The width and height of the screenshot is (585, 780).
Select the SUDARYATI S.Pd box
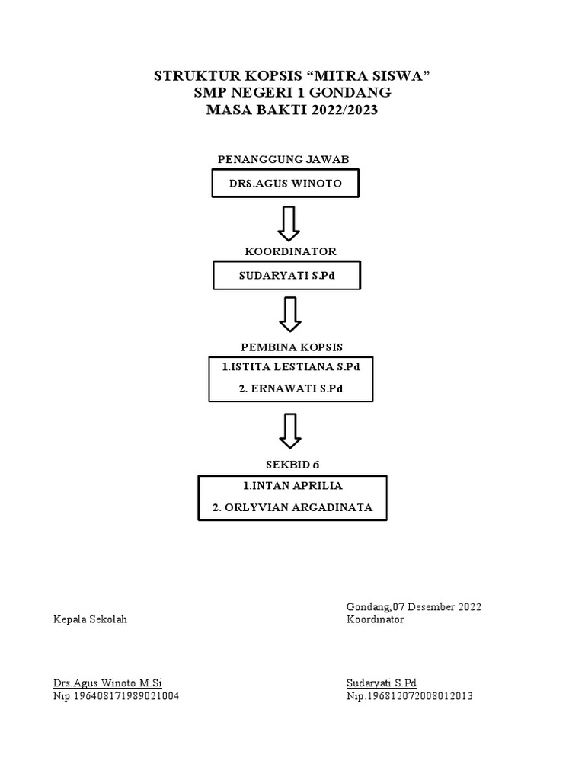(x=287, y=275)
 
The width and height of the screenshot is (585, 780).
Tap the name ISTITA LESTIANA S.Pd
(x=290, y=367)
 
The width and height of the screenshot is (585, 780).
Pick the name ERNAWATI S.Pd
(x=290, y=389)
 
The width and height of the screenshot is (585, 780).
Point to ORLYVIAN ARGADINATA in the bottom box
(x=293, y=507)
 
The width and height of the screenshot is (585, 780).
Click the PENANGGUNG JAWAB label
(x=283, y=159)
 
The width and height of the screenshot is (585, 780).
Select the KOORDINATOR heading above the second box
(x=289, y=251)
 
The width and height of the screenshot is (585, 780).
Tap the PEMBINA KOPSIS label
(x=292, y=347)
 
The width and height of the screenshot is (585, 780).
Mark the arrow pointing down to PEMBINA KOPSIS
(x=289, y=315)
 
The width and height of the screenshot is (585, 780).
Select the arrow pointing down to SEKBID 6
(x=289, y=430)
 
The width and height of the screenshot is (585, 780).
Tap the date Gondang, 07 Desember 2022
(x=414, y=606)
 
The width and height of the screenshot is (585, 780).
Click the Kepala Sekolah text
(x=90, y=619)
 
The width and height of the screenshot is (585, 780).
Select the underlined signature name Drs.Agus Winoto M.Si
(x=107, y=683)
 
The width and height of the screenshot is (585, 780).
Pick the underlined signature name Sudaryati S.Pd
(x=382, y=683)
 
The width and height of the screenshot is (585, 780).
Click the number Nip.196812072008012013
(x=410, y=696)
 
